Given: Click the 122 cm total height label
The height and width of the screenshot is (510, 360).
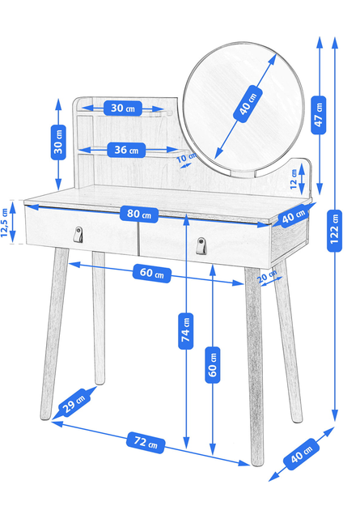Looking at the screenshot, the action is (x=334, y=231).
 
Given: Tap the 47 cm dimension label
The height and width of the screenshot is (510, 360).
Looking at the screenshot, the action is (x=319, y=115).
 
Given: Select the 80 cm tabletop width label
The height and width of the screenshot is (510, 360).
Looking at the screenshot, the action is (x=139, y=214).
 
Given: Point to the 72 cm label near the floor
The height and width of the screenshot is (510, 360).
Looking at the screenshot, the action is (x=146, y=442).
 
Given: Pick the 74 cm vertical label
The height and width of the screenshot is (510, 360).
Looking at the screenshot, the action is (x=186, y=331).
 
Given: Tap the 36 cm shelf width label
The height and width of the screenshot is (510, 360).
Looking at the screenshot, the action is (x=126, y=150).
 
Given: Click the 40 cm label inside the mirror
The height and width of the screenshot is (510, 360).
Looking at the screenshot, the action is (x=248, y=104).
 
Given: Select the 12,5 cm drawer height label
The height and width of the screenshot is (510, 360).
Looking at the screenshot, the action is (x=4, y=223).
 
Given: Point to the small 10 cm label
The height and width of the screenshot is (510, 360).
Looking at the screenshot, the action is (x=186, y=158).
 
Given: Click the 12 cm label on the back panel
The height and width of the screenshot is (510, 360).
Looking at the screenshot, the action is (x=294, y=179).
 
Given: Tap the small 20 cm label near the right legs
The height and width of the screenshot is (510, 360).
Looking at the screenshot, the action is (x=267, y=276).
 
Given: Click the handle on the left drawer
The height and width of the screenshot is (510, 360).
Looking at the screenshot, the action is (x=78, y=235).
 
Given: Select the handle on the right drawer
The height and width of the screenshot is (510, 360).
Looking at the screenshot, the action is (x=201, y=246).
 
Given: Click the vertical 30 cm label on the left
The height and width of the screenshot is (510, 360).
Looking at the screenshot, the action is (x=58, y=142).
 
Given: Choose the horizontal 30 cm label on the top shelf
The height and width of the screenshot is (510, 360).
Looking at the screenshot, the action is (x=123, y=108).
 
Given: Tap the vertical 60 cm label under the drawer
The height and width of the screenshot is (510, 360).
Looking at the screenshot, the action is (x=213, y=364).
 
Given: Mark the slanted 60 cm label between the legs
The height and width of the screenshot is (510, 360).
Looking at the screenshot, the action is (x=152, y=274).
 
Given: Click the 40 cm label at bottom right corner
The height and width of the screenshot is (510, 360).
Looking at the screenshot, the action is (x=301, y=454).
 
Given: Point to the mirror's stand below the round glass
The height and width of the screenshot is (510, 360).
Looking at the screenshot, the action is (x=243, y=174).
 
